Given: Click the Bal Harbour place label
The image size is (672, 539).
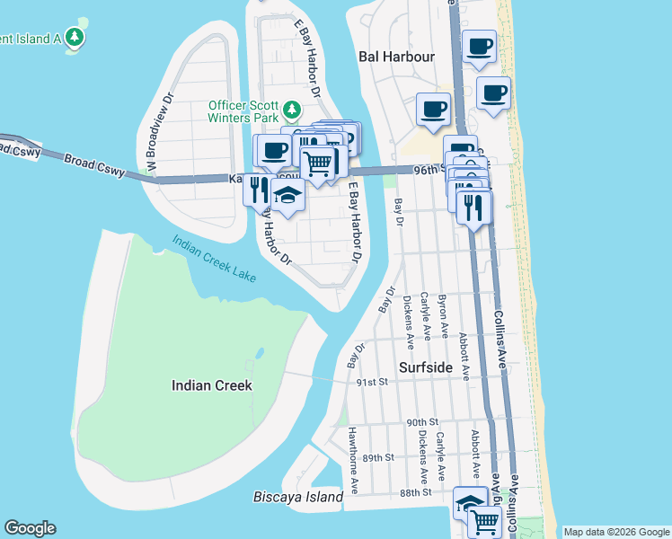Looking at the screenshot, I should pyautogui.click(x=396, y=57).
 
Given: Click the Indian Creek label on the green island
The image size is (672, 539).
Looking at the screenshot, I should pyautogui.click(x=211, y=385).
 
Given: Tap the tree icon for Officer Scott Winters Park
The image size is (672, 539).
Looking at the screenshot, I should pyautogui.click(x=291, y=110).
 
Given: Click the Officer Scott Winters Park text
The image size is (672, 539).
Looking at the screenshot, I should pyautogui.click(x=243, y=111).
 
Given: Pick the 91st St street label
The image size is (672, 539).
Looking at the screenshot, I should pyautogui.click(x=369, y=382).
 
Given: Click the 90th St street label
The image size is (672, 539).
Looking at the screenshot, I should pyautogui.click(x=421, y=422).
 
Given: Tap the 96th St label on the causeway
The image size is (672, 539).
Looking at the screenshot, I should pyautogui.click(x=429, y=169).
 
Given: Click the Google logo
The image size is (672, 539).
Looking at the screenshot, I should pyautogui.click(x=30, y=528).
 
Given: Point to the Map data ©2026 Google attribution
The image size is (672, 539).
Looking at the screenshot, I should pyautogui.click(x=615, y=532).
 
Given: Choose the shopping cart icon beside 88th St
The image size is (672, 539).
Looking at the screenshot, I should pyautogui.click(x=485, y=519).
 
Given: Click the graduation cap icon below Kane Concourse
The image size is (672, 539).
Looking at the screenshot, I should pyautogui.click(x=287, y=196).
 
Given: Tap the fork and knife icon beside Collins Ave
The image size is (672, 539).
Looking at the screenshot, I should pyautogui.click(x=473, y=208).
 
